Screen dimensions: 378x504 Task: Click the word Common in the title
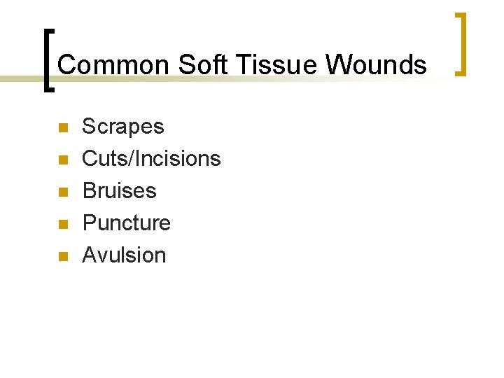point(113,65)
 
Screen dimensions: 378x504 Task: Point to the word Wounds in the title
point(376,65)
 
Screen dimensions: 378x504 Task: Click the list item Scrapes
point(122,127)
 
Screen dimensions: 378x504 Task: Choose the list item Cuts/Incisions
point(151,159)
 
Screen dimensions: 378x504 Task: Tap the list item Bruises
point(119,191)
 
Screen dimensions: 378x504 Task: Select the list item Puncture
point(126,223)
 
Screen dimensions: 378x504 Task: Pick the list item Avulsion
point(124,255)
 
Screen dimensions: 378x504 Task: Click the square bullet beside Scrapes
point(62,128)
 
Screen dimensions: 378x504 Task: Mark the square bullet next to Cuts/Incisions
point(62,160)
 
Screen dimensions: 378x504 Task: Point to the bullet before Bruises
point(62,192)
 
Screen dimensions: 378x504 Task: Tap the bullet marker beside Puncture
point(62,225)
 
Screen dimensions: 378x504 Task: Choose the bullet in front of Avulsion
point(62,257)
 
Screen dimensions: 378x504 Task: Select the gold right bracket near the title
point(461,43)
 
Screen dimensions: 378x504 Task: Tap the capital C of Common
point(66,65)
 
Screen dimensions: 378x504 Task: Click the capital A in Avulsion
point(89,255)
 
